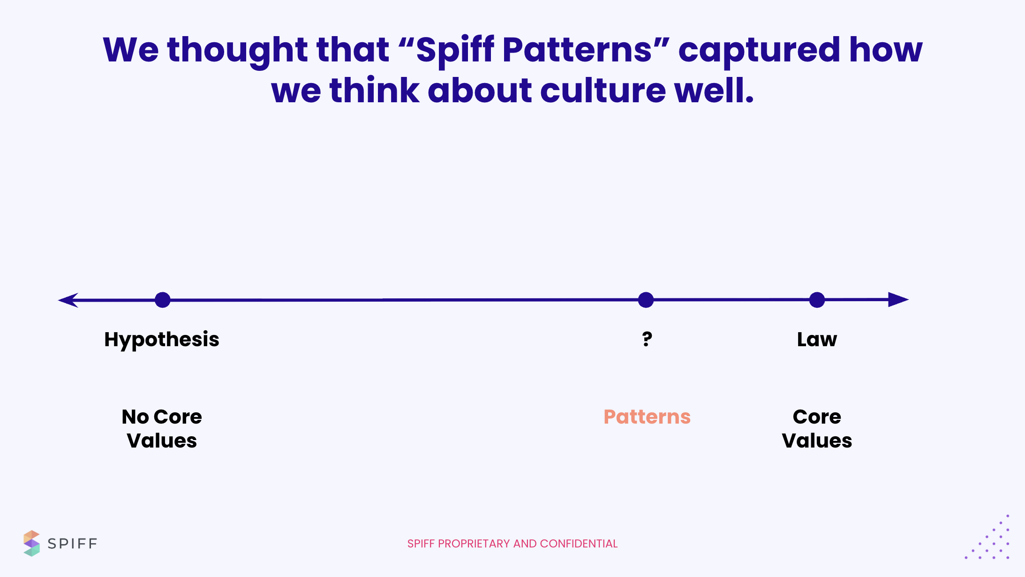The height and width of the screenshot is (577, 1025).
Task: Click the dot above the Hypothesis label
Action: (x=163, y=300)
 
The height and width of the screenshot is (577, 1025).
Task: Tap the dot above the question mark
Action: (x=646, y=300)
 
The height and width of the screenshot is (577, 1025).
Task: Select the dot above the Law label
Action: (x=817, y=300)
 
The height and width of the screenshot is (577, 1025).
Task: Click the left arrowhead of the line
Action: (x=68, y=300)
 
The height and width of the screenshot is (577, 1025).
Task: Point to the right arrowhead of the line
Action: (x=898, y=299)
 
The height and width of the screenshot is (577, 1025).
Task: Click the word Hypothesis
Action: (x=162, y=340)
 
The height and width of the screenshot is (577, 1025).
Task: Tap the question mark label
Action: (x=647, y=339)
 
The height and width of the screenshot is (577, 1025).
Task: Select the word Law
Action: (x=817, y=339)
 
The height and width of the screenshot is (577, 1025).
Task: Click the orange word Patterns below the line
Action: (x=647, y=417)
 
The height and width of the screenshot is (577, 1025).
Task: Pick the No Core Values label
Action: (x=162, y=428)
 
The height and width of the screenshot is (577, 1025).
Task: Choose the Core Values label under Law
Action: (x=817, y=428)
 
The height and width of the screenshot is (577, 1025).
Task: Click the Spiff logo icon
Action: (x=31, y=543)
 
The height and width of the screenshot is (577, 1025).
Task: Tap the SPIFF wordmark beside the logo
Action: (x=72, y=544)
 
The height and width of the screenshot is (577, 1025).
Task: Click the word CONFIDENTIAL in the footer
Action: (x=579, y=544)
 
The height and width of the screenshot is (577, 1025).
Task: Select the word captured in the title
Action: (x=759, y=50)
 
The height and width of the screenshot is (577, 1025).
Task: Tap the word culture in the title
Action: (x=603, y=90)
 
